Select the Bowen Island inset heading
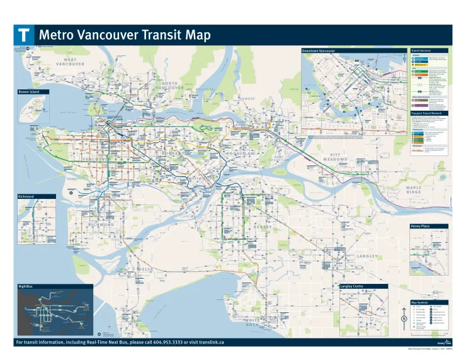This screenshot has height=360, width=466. (x=30, y=93)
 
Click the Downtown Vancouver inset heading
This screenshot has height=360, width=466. (x=319, y=50)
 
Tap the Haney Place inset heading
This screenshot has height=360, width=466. (x=419, y=226)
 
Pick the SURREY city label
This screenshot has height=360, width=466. (x=264, y=225)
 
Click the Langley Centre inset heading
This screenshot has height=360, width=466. (x=352, y=286)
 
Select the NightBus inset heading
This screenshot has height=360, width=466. (x=26, y=286)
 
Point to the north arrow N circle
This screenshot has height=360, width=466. (x=404, y=319)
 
